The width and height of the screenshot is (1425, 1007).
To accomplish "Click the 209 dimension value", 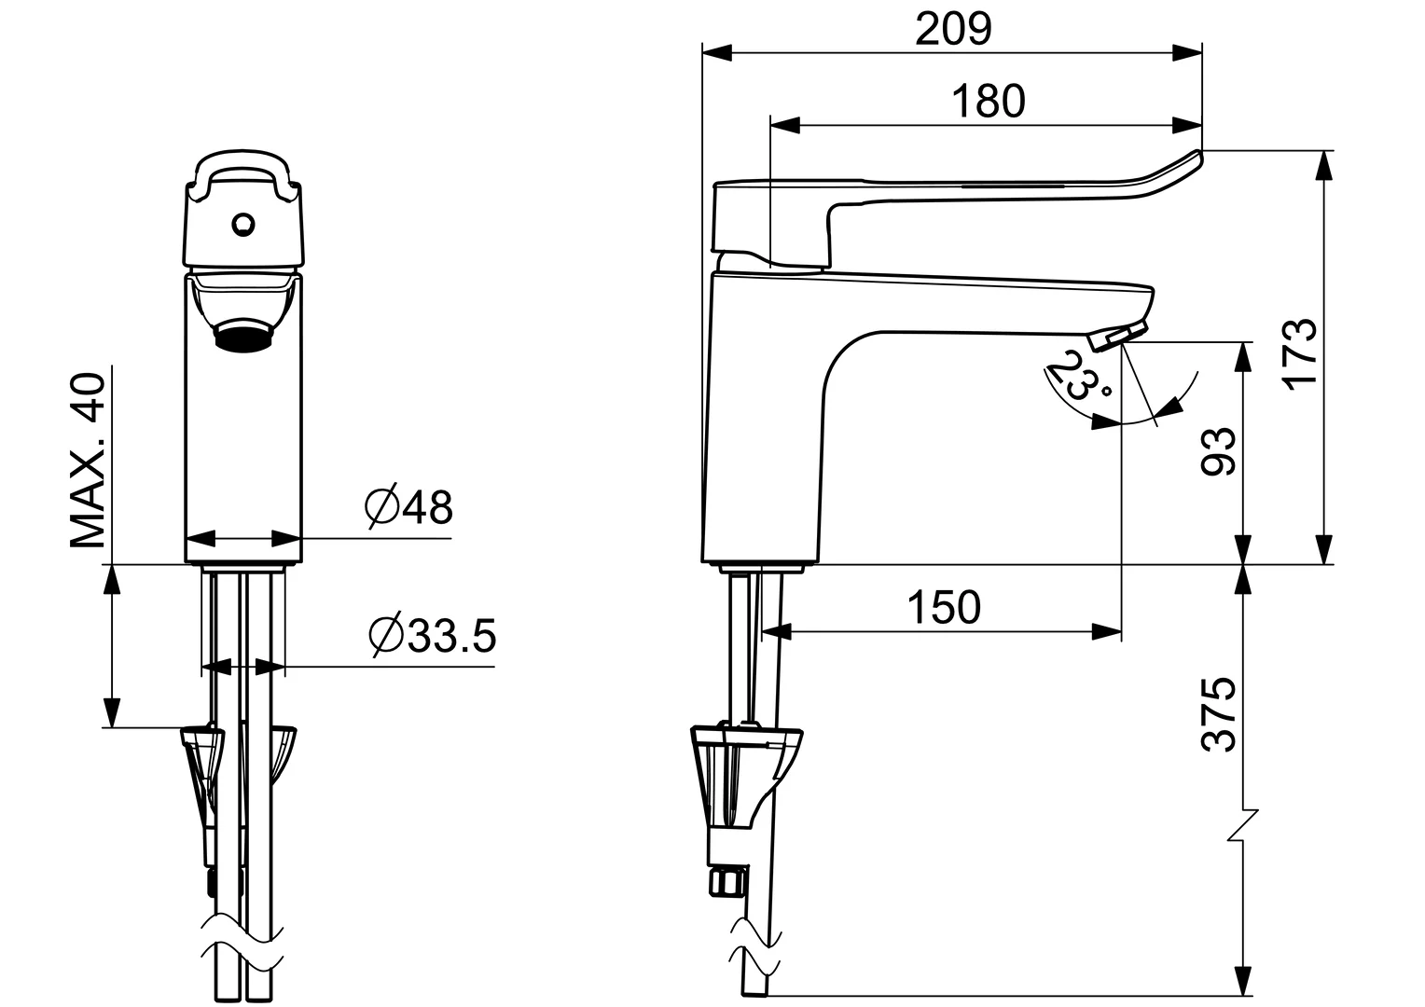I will click(x=952, y=30).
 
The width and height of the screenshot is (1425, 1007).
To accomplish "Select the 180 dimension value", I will click(x=988, y=101).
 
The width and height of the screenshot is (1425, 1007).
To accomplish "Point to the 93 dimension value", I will click(x=1218, y=452).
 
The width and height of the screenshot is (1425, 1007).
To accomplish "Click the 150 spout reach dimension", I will click(x=945, y=607).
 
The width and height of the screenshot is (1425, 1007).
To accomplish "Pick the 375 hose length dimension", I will click(x=1218, y=714).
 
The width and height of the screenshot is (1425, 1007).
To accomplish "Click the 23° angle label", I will click(x=1069, y=372).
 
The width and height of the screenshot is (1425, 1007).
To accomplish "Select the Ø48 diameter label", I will click(x=408, y=507).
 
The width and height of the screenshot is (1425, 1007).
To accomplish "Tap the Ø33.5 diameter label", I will click(x=432, y=636).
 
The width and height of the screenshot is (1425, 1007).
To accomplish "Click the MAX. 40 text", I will click(x=88, y=461).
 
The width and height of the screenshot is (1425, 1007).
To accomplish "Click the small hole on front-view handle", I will click(x=242, y=223).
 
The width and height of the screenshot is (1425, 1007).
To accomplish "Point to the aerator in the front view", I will click(x=243, y=335).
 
